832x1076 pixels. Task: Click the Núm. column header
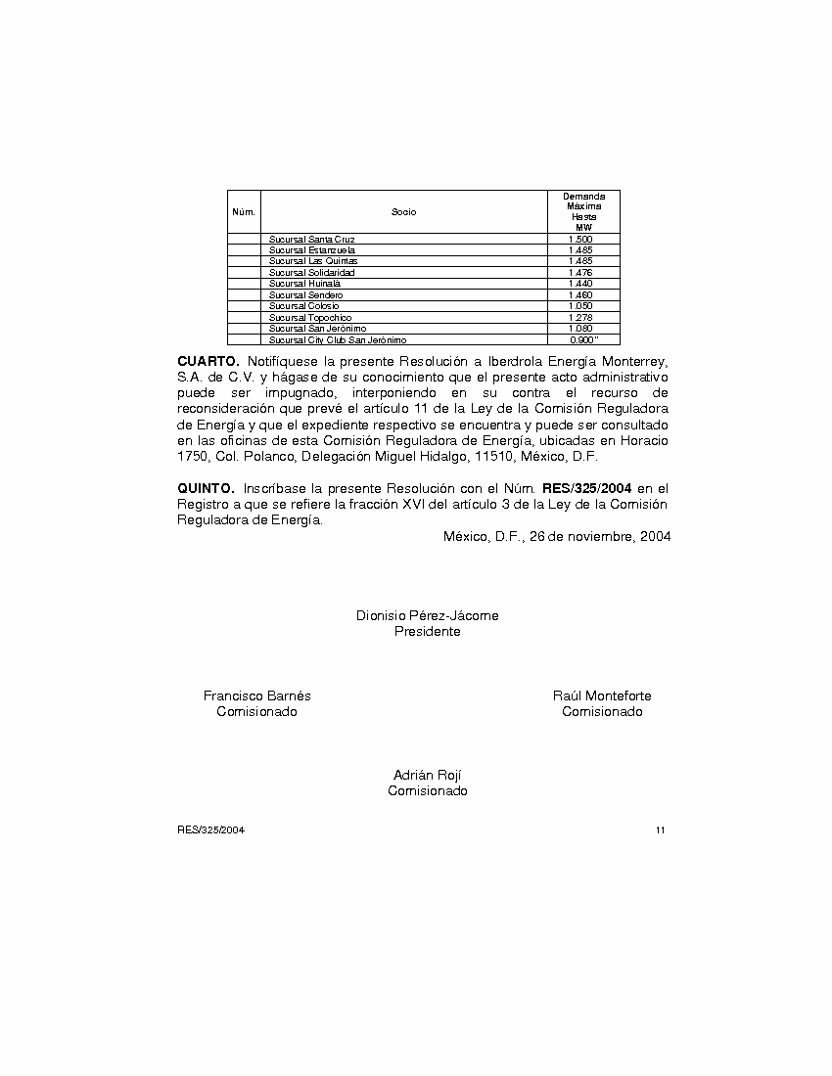click(244, 212)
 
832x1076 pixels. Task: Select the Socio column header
click(403, 212)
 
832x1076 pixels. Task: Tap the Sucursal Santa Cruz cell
click(311, 240)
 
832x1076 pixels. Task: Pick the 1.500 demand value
click(580, 240)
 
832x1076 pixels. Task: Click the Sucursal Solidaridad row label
click(311, 273)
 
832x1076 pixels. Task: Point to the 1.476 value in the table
click(580, 273)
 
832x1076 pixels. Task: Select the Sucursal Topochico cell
click(309, 318)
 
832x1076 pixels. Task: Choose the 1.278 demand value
click(580, 318)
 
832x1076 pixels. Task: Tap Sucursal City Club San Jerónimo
click(338, 340)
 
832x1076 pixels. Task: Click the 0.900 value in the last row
click(582, 340)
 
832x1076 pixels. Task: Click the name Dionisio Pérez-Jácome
click(427, 616)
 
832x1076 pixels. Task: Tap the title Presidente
click(427, 632)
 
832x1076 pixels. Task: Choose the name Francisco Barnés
click(256, 696)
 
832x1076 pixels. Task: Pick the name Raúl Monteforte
click(602, 696)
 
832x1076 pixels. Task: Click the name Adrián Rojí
click(427, 776)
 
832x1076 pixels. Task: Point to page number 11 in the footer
click(661, 830)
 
